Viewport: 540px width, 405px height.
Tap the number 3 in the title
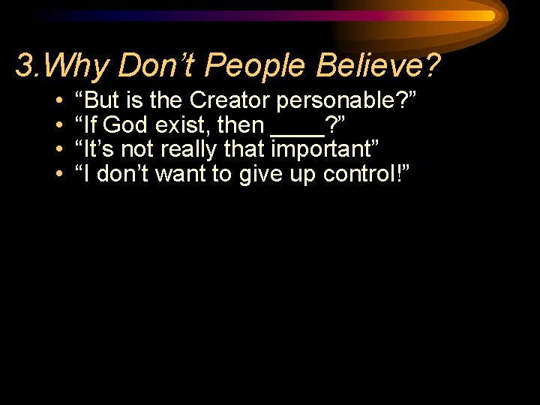tap(24, 66)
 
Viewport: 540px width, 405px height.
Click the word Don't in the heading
tap(157, 66)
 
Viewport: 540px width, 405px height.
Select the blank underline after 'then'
tap(297, 133)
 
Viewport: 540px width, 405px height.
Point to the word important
tap(323, 150)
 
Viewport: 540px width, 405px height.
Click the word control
tap(358, 175)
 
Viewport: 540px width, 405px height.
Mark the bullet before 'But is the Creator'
tap(58, 100)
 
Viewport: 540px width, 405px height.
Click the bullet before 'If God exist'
tap(58, 125)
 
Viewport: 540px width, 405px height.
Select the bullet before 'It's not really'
tap(58, 150)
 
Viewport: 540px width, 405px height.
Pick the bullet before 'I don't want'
tap(58, 175)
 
